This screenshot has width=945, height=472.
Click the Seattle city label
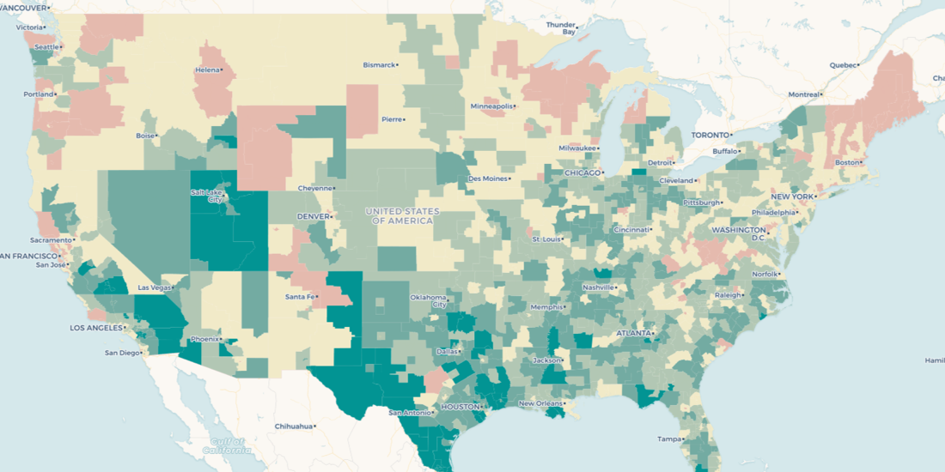[x=46, y=46]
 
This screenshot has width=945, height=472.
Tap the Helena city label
[x=207, y=70]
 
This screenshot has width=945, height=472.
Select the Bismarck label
[x=380, y=64]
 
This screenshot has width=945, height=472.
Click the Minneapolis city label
[x=491, y=106]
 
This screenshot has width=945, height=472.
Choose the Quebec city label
[x=843, y=64]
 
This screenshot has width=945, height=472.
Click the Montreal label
[x=804, y=94]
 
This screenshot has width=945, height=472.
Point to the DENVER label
[x=313, y=216]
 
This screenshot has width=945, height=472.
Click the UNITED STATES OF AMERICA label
[x=402, y=215]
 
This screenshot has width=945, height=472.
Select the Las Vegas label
[x=155, y=287]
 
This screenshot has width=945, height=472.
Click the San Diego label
[x=121, y=353]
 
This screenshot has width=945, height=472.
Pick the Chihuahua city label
[x=294, y=426]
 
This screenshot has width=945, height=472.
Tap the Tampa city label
[x=669, y=439]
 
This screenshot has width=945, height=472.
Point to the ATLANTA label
[x=633, y=333]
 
